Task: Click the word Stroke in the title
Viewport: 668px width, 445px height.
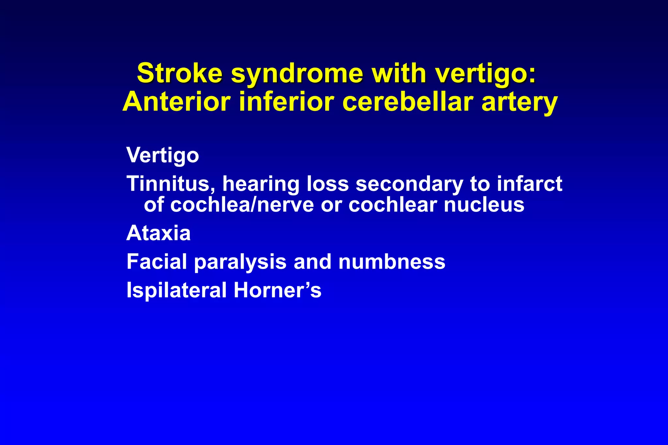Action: point(179,73)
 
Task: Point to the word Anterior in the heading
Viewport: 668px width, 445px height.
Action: point(176,102)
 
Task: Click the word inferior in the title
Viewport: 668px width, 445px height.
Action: point(286,102)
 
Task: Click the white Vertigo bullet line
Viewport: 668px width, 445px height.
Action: point(162,155)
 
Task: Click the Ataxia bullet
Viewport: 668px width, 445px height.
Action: point(158,233)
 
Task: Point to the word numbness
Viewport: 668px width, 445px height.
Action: point(391,261)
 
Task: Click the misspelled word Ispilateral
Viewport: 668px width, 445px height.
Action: point(176,290)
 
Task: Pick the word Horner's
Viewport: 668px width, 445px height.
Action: point(277,290)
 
